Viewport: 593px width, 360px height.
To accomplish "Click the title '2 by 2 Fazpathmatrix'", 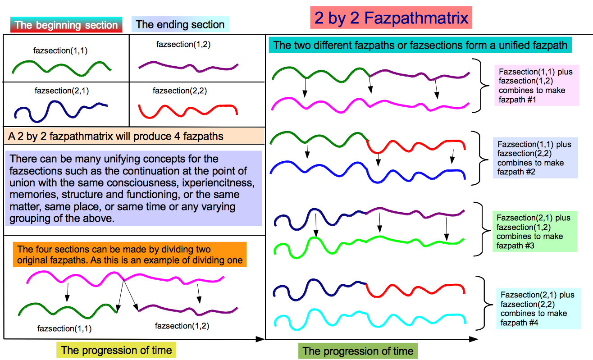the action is click(x=391, y=18).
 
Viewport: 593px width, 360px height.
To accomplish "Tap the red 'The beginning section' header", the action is click(x=66, y=25).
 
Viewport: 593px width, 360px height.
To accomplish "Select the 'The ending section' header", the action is click(x=180, y=24).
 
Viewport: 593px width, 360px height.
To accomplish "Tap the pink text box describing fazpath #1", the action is click(x=537, y=86).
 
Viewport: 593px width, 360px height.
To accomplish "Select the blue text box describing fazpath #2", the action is click(x=535, y=158).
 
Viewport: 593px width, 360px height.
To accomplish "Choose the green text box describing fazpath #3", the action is click(x=535, y=231).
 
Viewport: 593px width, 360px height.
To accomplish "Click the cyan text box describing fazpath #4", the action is click(x=538, y=309).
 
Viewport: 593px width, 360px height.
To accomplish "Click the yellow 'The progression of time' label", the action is click(x=116, y=350).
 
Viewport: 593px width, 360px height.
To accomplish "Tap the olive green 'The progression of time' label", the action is click(x=358, y=351).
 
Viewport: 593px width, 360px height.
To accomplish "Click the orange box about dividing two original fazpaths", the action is click(x=130, y=255).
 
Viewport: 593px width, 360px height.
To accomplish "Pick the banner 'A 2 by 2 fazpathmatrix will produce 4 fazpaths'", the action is click(x=134, y=136).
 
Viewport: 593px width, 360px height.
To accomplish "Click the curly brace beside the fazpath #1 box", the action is click(x=481, y=86).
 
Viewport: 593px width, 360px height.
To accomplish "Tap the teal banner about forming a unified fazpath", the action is click(x=420, y=45).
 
